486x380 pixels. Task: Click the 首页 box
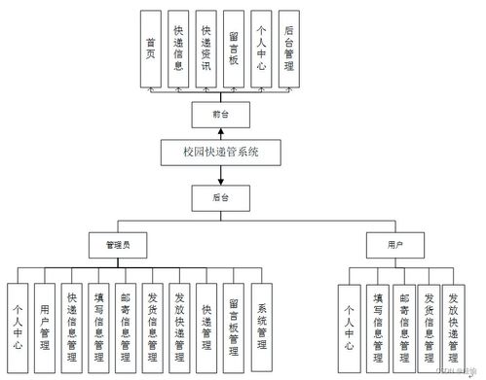tap(151, 50)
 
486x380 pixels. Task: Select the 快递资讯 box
tap(206, 50)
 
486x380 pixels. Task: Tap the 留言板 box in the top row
tap(233, 50)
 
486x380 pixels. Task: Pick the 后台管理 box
tap(287, 50)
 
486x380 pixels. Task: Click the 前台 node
tap(219, 114)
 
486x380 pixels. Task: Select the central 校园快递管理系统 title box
tap(220, 152)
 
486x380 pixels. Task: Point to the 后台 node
tap(219, 197)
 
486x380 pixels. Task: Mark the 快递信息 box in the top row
tap(177, 50)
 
